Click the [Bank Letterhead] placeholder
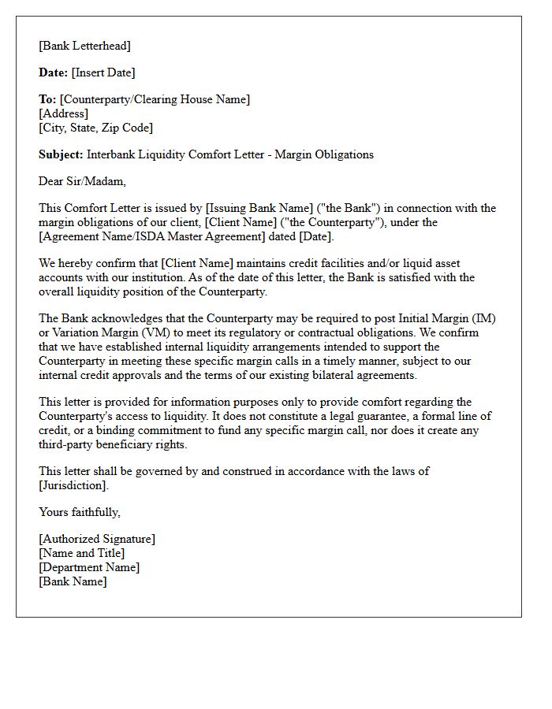pyautogui.click(x=84, y=46)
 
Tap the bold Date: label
pyautogui.click(x=53, y=72)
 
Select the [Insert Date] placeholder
pyautogui.click(x=103, y=72)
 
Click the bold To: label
pyautogui.click(x=47, y=99)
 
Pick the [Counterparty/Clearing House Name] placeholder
pyautogui.click(x=155, y=99)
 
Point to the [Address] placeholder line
pyautogui.click(x=63, y=113)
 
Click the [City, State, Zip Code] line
pyautogui.click(x=95, y=128)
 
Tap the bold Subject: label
pyautogui.click(x=61, y=154)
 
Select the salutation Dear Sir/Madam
pyautogui.click(x=82, y=181)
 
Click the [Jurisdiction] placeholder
pyautogui.click(x=73, y=485)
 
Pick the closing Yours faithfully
pyautogui.click(x=80, y=512)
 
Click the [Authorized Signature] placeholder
pyautogui.click(x=97, y=539)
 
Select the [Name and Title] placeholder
pyautogui.click(x=81, y=553)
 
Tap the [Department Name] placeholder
pyautogui.click(x=89, y=567)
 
